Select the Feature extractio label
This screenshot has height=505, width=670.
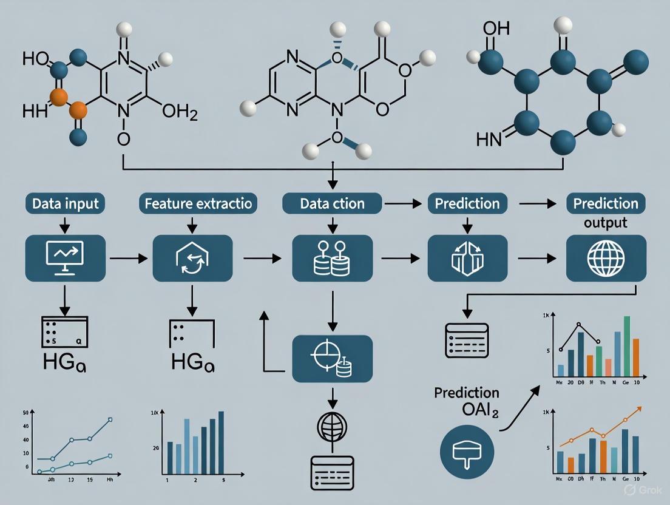198,204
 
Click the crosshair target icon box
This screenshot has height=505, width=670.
332,359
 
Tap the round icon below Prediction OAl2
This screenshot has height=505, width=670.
468,451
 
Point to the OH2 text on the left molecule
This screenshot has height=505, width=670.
180,112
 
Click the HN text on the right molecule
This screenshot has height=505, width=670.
490,141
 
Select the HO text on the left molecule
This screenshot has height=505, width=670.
35,59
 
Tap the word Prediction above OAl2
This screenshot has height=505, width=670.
467,393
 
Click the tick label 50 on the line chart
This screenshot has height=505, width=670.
26,413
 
